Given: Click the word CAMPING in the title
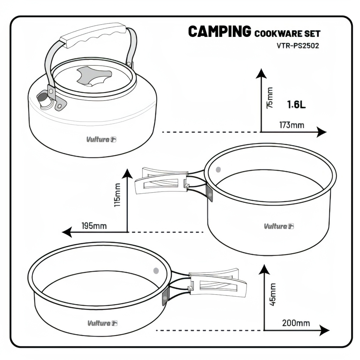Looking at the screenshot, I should click(x=220, y=31).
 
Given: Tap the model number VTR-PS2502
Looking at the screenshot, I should click(x=298, y=46).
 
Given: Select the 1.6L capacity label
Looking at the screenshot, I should click(x=296, y=104).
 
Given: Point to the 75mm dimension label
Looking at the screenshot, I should click(x=270, y=98).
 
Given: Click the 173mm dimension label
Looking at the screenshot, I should click(x=292, y=125).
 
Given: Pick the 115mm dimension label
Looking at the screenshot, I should click(x=118, y=195).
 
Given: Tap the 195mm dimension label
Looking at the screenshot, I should click(x=94, y=226).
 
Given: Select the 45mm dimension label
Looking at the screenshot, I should click(x=273, y=294).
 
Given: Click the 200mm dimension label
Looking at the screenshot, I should click(x=296, y=323).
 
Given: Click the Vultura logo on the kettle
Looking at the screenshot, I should click(x=101, y=140).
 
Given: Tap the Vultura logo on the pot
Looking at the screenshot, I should click(x=279, y=226).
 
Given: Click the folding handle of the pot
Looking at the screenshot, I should click(x=162, y=180).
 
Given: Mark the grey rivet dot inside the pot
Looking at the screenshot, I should click(x=218, y=169).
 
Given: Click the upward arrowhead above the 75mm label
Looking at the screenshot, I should click(x=261, y=73).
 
